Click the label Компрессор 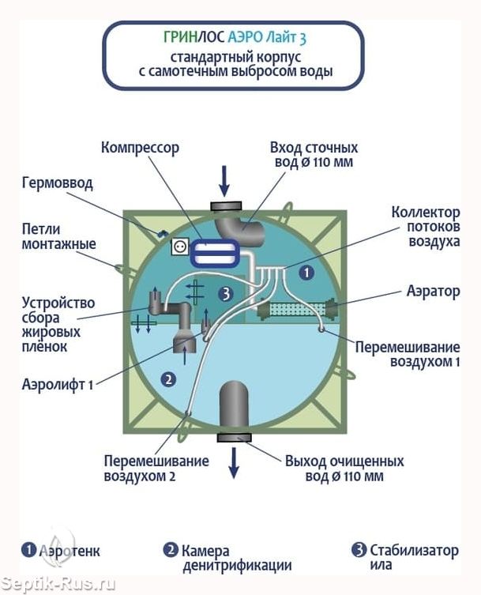(140, 147)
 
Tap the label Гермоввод (57, 183)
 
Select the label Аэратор (434, 291)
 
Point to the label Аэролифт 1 (58, 385)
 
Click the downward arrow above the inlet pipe (224, 179)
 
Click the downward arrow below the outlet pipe (234, 462)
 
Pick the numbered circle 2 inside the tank (167, 378)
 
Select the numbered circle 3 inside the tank (227, 294)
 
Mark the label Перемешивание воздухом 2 (156, 468)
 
